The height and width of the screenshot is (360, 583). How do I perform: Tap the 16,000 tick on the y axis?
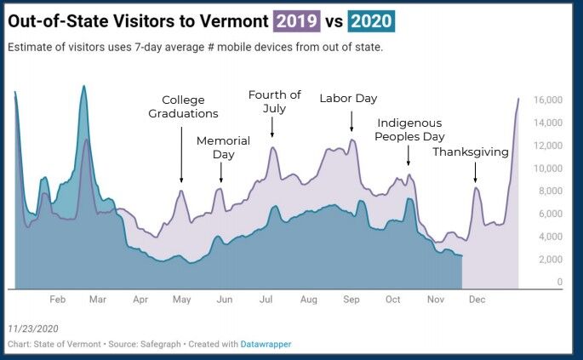pos(548,100)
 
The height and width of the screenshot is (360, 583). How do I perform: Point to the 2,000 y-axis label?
pos(550,260)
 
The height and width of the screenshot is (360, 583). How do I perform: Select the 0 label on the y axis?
pos(559,282)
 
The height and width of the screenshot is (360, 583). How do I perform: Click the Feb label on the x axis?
pos(58,300)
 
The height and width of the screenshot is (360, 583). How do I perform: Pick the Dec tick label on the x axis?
pos(477,300)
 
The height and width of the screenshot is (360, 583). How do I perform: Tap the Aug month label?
pos(309,300)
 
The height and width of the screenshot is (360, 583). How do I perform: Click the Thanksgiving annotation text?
pos(471,152)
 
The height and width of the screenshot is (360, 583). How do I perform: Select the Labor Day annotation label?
pos(348,99)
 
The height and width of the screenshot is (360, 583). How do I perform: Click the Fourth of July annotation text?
pos(274,101)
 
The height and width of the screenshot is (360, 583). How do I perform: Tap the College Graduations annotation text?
pos(183,106)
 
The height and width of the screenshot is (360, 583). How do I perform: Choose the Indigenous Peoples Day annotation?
pos(410,129)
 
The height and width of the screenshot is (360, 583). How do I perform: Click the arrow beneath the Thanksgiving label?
pos(475,174)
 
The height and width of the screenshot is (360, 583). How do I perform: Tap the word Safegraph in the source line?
pos(155,344)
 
